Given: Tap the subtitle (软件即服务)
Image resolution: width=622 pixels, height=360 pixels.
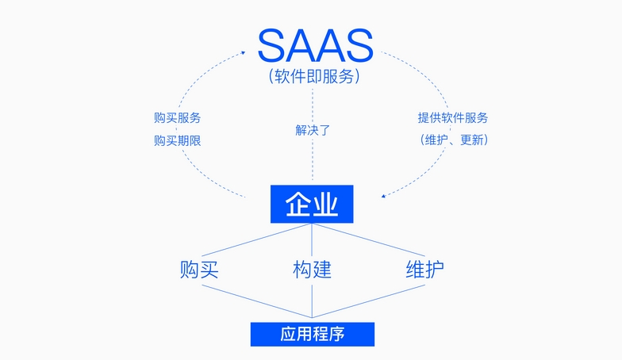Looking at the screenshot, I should pos(314,77).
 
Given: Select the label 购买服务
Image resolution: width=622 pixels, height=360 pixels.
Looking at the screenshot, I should pos(177,118).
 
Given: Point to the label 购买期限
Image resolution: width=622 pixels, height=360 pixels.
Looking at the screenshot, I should pos(177,140).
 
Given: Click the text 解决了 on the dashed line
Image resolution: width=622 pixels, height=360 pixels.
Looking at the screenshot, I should pos(312,129).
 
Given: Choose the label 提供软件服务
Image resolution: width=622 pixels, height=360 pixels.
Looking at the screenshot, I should pos(453,118).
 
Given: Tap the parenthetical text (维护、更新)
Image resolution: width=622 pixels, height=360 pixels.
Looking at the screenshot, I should pos(453,140).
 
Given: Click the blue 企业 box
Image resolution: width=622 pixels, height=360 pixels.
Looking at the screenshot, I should pos(312,204).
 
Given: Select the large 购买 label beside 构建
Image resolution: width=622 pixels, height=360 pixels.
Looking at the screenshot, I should pos(199,270).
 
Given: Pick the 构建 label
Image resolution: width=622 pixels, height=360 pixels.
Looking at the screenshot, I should pos(312,270).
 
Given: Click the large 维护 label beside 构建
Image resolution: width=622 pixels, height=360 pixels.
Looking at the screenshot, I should pos(424,270).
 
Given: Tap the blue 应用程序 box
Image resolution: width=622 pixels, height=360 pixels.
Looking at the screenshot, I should pos(312,334).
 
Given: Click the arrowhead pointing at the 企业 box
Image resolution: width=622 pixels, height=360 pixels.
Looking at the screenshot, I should pos(384,194).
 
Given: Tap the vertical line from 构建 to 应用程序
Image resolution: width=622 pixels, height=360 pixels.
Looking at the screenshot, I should pos(312,301).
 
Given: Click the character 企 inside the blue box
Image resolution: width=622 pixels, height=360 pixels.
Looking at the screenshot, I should pos(298,204).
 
